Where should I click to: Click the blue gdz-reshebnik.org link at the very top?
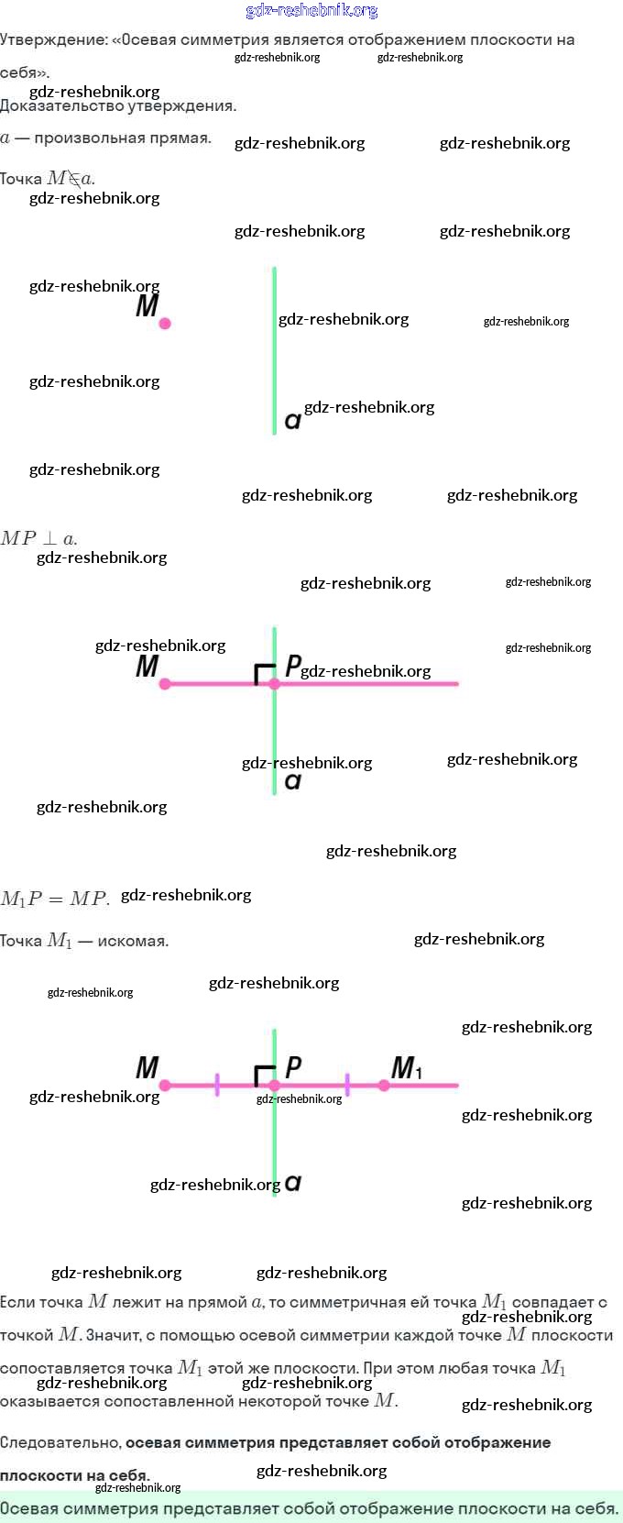(311, 10)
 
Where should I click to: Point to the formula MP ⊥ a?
(38, 538)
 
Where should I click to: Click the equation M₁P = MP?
(55, 899)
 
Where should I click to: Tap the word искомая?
(133, 941)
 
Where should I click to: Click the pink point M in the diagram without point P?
(164, 324)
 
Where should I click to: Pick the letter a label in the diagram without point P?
(293, 421)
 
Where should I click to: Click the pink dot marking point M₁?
(384, 1085)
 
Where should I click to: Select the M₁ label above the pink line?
(407, 1067)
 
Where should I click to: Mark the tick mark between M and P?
(217, 1085)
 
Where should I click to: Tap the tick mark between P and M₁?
(347, 1085)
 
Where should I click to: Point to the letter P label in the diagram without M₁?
(293, 666)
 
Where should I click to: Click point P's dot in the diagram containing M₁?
(274, 1085)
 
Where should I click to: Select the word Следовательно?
(61, 1442)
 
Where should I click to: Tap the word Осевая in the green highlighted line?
(32, 1508)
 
